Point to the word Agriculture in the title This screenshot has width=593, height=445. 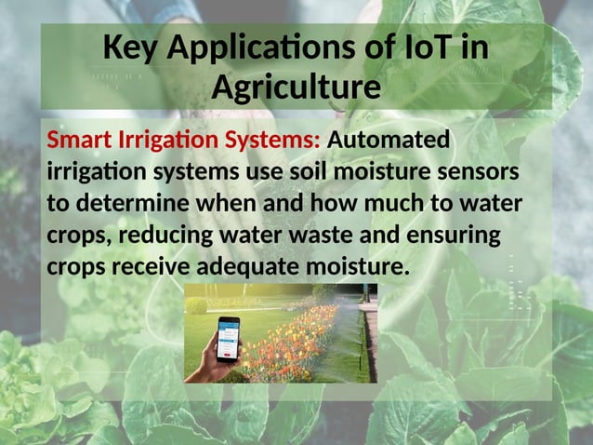click(296, 88)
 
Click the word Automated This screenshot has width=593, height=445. click(389, 141)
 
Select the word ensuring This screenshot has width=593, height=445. click(451, 236)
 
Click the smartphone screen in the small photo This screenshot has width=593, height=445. click(228, 337)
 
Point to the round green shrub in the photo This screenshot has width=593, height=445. click(196, 304)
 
